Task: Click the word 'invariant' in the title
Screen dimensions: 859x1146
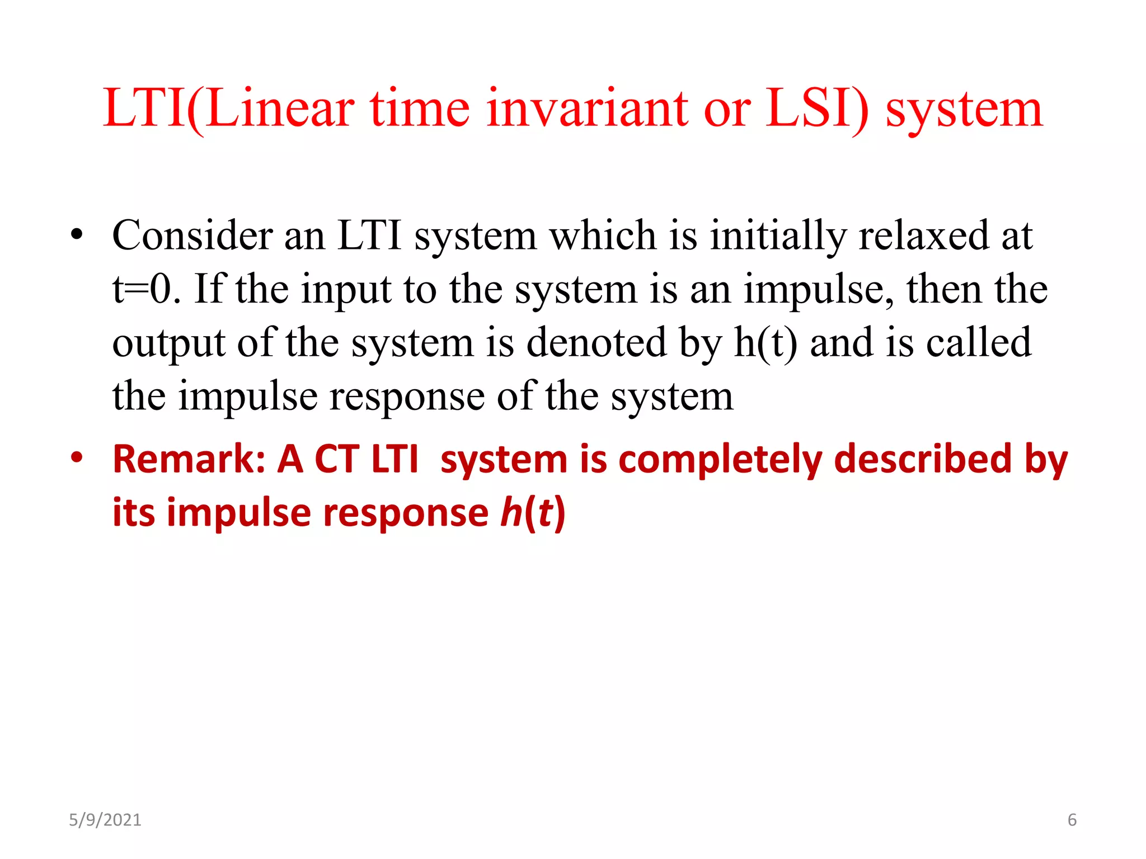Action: [587, 108]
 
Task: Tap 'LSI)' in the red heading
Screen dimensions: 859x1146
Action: [817, 108]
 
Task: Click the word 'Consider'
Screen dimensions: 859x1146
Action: [192, 235]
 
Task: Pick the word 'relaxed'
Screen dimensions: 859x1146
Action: [923, 235]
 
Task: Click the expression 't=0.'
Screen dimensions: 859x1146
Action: [147, 289]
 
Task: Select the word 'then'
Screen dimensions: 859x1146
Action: [944, 289]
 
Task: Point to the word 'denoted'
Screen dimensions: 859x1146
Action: [597, 342]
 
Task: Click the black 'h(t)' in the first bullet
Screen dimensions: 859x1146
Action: [765, 343]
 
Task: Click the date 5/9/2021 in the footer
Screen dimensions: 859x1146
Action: [105, 820]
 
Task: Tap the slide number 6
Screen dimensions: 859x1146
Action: [1072, 820]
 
